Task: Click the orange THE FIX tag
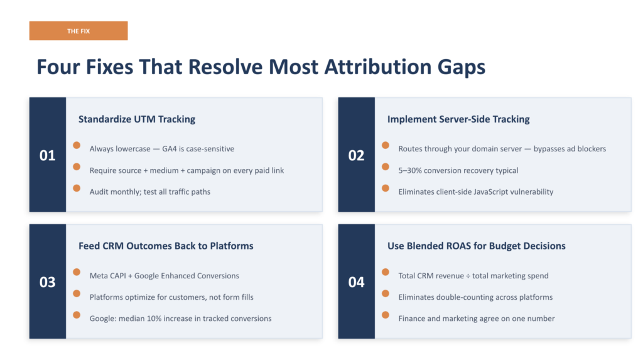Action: click(78, 31)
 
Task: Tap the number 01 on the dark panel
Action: click(48, 155)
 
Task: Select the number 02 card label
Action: click(356, 155)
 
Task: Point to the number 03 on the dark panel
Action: click(48, 282)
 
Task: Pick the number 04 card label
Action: click(356, 282)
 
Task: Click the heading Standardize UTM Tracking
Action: click(137, 119)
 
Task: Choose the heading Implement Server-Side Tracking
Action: click(458, 119)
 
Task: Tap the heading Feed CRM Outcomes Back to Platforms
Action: click(166, 246)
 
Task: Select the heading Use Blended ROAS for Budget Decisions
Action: click(476, 246)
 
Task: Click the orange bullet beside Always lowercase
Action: click(77, 145)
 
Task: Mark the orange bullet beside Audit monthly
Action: click(77, 188)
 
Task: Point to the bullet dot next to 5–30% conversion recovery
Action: click(386, 166)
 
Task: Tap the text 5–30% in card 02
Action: click(411, 170)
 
